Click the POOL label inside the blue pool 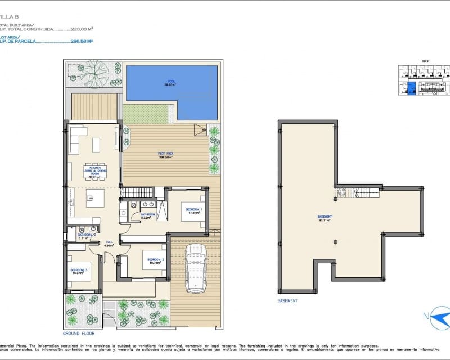coord(171,83)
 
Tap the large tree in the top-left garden coord(96,72)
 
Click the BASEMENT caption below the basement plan coord(287,301)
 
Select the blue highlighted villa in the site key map coord(411,88)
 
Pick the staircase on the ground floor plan coord(137,193)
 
